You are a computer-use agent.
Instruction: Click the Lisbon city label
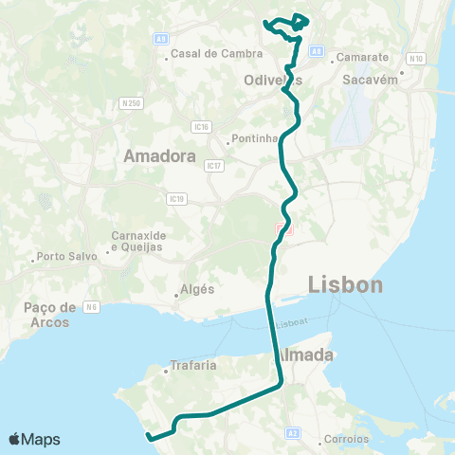pyautogui.click(x=346, y=284)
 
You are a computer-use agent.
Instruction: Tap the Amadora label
pyautogui.click(x=159, y=156)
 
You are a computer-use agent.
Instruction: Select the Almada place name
pyautogui.click(x=306, y=355)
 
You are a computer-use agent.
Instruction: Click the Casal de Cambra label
pyautogui.click(x=203, y=54)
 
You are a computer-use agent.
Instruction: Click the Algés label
pyautogui.click(x=197, y=289)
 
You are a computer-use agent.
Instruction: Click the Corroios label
pyautogui.click(x=346, y=439)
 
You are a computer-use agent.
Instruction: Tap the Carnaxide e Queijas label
pyautogui.click(x=136, y=241)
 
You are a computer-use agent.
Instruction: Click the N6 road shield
pyautogui.click(x=91, y=306)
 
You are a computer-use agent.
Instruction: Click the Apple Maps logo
pyautogui.click(x=35, y=439)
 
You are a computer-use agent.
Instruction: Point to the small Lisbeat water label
pyautogui.click(x=291, y=324)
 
